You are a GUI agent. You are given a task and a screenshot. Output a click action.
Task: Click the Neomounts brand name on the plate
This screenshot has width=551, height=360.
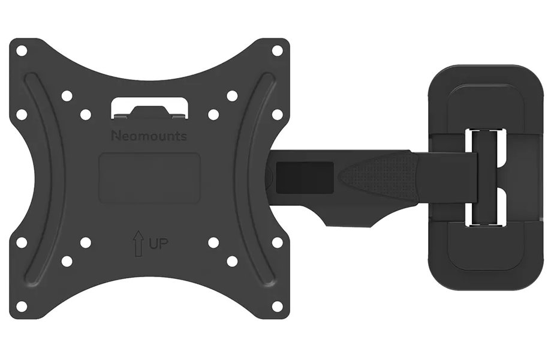pos(149,136)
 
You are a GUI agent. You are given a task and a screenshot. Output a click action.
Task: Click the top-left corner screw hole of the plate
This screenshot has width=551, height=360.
pos(21,50)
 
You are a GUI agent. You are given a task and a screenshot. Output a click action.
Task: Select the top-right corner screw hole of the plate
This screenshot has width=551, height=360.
pos(277,50)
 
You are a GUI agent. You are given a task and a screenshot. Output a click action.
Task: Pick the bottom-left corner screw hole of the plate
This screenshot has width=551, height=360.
pos(21,306)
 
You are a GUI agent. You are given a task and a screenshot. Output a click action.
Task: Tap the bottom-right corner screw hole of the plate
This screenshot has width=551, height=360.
pos(277,306)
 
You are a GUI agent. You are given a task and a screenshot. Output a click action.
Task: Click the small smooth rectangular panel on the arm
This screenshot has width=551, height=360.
pos(305,176)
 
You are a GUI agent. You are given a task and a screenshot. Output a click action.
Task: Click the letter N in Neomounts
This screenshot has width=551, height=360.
pos(115,136)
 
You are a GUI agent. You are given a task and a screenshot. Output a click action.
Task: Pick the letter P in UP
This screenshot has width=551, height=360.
pos(162,244)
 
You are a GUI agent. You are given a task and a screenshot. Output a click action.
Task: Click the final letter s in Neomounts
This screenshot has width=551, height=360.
pos(183,136)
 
